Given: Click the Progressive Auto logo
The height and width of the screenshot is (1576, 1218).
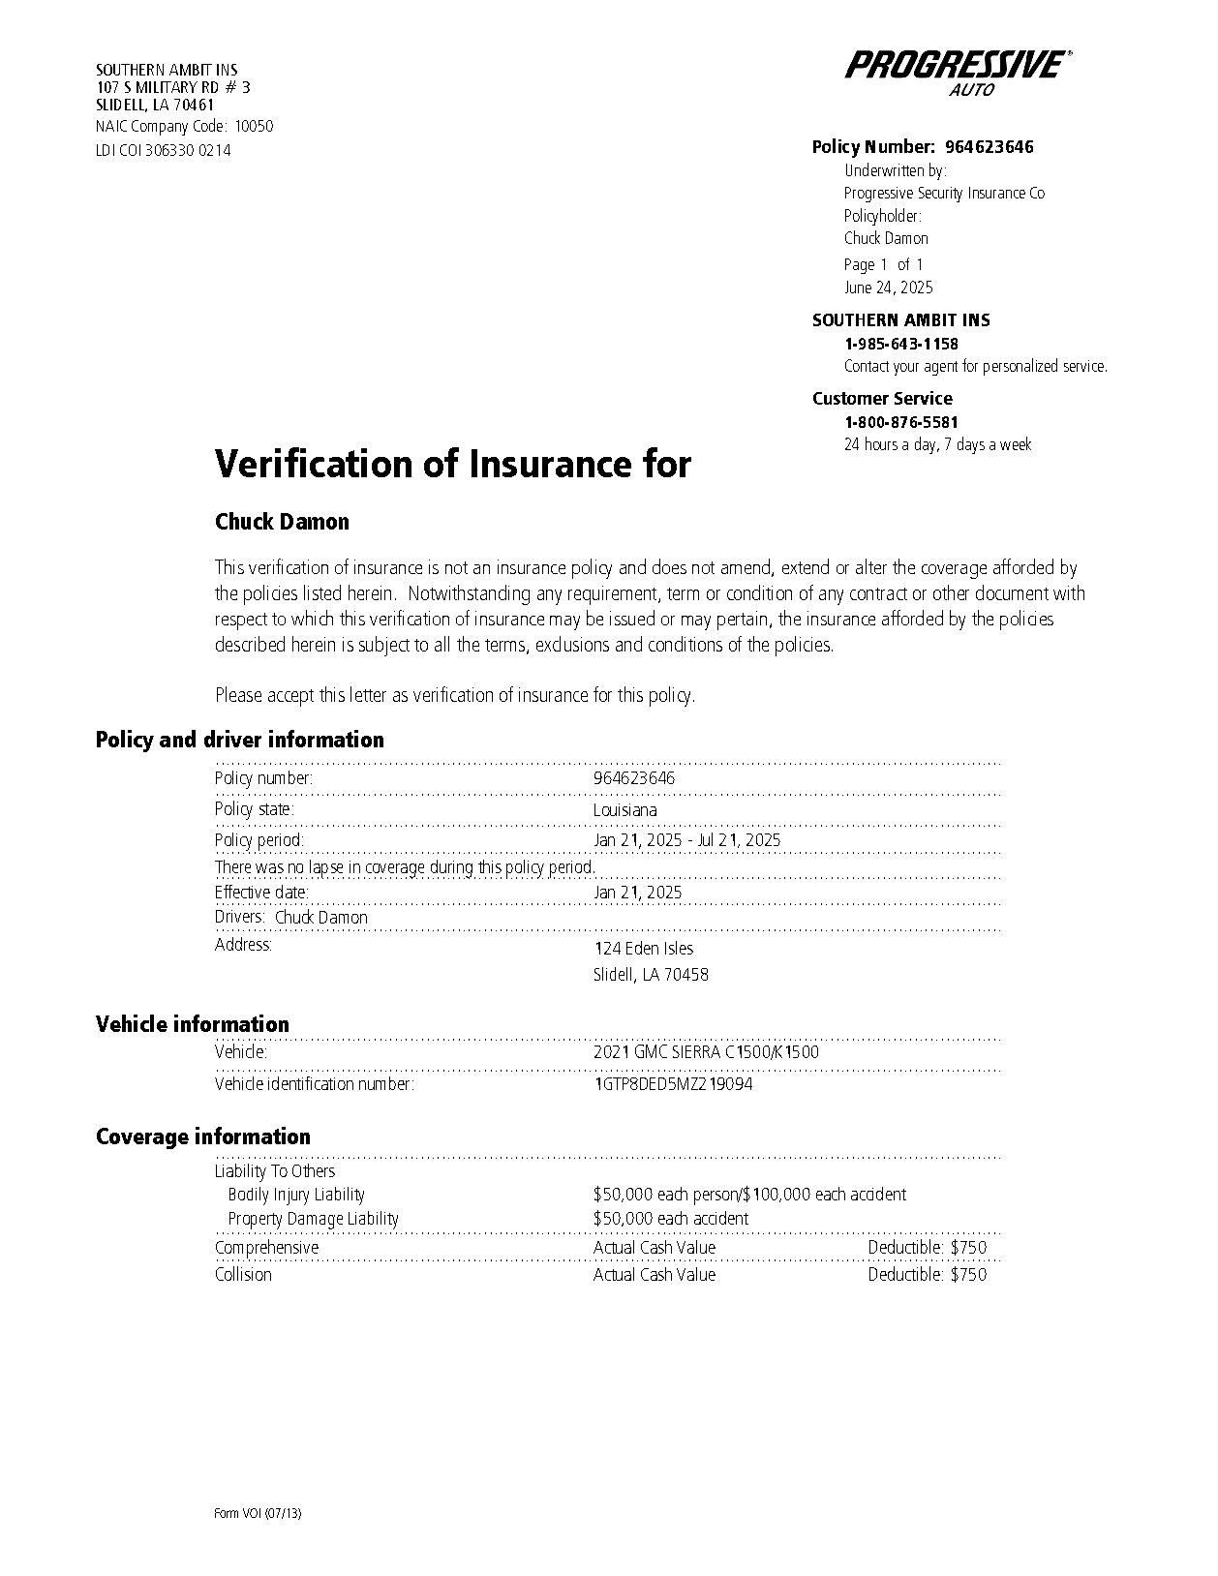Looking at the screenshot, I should [x=958, y=71].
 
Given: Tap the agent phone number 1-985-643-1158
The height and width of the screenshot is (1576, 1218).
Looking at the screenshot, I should [x=900, y=344].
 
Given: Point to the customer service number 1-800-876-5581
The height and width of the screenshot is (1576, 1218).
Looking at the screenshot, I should [x=900, y=422].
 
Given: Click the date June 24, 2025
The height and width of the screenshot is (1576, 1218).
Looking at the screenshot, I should [x=888, y=288].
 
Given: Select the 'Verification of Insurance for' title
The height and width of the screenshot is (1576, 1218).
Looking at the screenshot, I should [x=452, y=464].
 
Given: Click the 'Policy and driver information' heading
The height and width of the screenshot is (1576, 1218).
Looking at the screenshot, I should [x=239, y=740].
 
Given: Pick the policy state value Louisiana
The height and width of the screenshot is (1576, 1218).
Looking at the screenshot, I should [x=624, y=810].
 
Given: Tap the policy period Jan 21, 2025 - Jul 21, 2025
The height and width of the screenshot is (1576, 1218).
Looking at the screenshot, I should [x=686, y=840].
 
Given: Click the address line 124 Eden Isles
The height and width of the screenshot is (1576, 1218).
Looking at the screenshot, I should [x=643, y=949].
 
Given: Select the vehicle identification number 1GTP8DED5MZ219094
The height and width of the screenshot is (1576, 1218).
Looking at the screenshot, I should [x=673, y=1084].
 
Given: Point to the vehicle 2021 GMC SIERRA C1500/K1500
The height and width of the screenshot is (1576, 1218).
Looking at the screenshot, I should [x=706, y=1052].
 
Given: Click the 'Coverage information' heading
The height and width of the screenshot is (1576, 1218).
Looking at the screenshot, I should [x=202, y=1137].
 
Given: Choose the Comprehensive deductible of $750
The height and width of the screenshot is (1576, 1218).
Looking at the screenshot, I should [x=927, y=1248].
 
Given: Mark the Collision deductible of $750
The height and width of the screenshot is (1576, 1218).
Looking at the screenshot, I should [x=927, y=1275].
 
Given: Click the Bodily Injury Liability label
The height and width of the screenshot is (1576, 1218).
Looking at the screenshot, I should [x=296, y=1195].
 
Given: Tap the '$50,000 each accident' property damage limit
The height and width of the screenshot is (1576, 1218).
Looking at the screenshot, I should [x=670, y=1219].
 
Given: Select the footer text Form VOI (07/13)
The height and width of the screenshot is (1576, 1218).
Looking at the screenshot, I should [x=258, y=1514].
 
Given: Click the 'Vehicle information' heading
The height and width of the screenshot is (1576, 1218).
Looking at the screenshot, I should [x=192, y=1024].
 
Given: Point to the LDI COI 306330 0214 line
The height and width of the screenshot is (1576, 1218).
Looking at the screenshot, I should [x=163, y=151].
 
